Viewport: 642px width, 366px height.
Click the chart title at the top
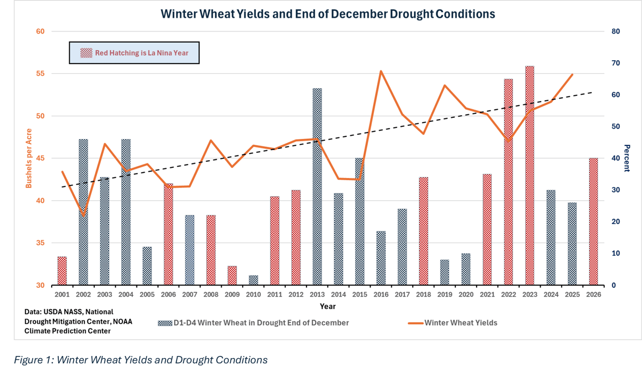tap(328, 14)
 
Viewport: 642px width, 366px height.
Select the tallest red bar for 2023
tap(530, 175)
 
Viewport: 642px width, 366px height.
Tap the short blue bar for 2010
tap(253, 280)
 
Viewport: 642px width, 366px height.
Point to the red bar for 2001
tap(62, 271)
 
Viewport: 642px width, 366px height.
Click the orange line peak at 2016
tap(381, 71)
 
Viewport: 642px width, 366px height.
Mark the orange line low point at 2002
tap(83, 216)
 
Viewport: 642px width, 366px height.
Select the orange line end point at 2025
tap(572, 75)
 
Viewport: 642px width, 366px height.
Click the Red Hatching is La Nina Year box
tap(134, 53)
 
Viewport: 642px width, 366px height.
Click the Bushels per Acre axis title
tap(29, 158)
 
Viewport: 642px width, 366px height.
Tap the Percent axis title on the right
tap(626, 158)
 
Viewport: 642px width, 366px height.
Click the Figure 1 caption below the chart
tap(140, 359)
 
